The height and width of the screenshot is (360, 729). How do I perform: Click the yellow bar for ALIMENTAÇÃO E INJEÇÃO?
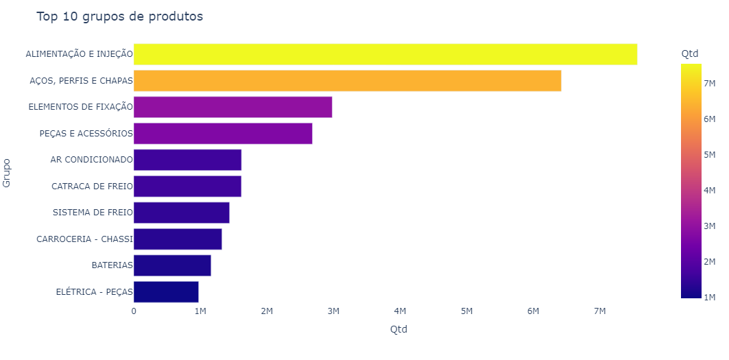point(385,54)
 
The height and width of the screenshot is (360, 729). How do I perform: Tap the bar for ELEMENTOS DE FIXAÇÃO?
point(233,107)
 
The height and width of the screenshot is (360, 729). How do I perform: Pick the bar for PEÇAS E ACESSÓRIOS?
point(223,134)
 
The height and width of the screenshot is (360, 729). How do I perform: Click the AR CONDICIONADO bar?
point(187,160)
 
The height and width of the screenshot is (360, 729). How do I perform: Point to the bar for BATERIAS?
point(172,265)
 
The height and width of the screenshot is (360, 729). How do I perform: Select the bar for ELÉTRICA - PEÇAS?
point(166,291)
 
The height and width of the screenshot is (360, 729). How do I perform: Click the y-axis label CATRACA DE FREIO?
point(92,186)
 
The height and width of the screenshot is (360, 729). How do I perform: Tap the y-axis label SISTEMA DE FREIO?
point(93,213)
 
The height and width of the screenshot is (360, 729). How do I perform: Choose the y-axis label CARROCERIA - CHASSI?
point(84,239)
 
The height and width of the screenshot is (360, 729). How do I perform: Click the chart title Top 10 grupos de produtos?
point(119,16)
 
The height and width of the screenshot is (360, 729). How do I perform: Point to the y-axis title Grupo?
point(7,173)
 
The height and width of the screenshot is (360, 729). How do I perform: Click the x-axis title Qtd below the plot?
point(398,329)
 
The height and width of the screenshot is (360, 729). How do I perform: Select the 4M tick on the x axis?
point(400,311)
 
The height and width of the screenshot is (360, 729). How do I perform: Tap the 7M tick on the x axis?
point(600,311)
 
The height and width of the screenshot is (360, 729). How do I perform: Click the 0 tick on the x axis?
point(134,311)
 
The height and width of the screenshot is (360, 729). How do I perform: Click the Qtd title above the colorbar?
point(690,53)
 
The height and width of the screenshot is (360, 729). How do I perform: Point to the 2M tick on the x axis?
point(267,311)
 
